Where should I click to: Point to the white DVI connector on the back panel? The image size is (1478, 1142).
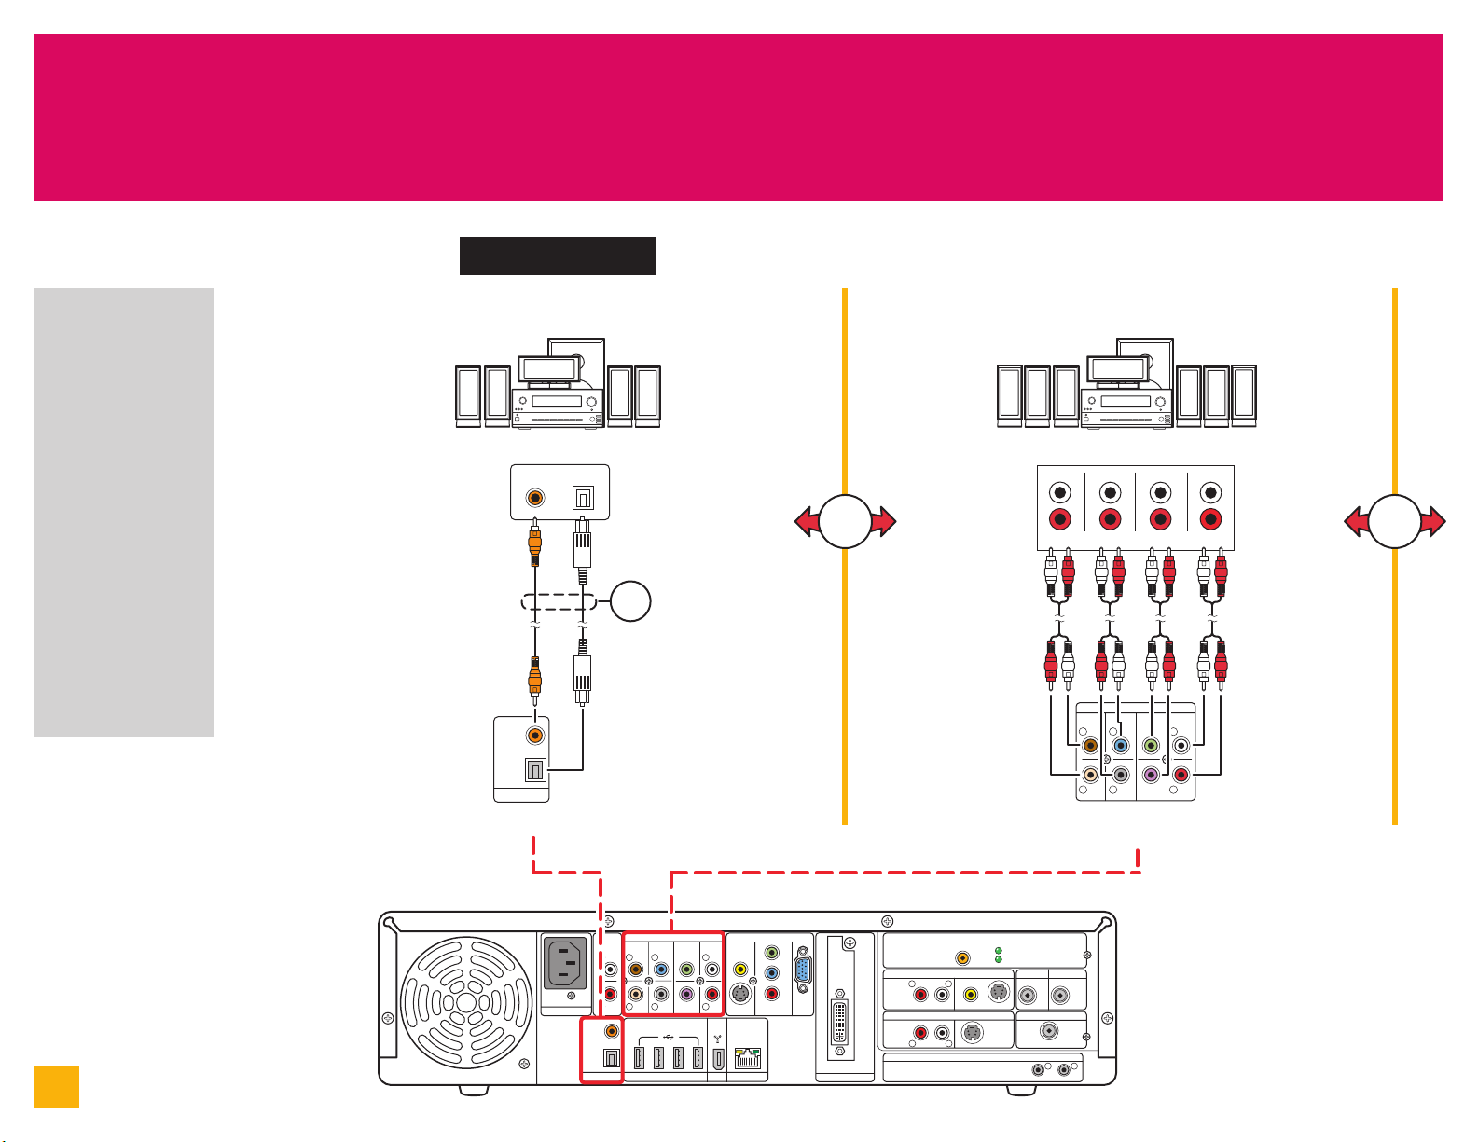(840, 1023)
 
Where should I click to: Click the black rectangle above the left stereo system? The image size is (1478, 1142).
(558, 255)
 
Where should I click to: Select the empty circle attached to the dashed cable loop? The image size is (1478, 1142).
(629, 603)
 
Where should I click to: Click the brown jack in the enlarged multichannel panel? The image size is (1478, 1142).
(1089, 746)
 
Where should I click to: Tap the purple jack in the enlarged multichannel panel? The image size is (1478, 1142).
(1151, 775)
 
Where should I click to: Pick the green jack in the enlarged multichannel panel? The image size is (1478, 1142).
(1151, 746)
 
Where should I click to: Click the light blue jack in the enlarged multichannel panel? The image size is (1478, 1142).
(1121, 746)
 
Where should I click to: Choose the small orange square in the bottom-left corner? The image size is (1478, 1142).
(56, 1086)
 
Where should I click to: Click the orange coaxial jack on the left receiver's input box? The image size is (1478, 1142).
(535, 497)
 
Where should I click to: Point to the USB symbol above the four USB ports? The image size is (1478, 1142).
(669, 1035)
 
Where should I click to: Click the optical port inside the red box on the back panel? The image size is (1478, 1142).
(611, 1059)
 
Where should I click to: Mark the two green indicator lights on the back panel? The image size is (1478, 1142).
(999, 955)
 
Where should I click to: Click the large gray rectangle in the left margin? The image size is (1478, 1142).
(124, 512)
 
